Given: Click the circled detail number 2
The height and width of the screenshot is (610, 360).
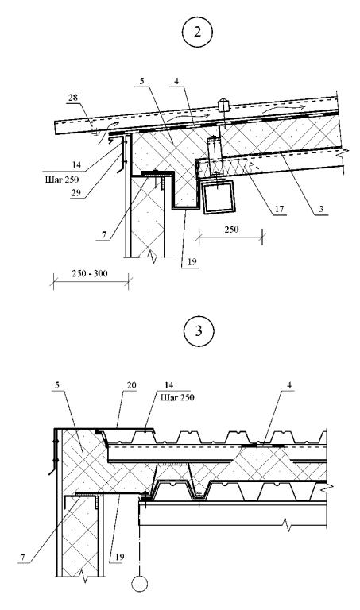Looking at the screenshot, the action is (x=197, y=32).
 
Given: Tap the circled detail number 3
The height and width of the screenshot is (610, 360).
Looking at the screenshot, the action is (x=199, y=331).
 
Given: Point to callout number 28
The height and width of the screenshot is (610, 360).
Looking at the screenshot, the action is (x=73, y=97).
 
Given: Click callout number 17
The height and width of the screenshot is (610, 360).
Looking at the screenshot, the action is (x=279, y=210).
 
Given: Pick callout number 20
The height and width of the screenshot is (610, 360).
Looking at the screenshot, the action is (x=131, y=385).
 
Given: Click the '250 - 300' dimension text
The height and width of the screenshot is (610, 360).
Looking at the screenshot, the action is (x=90, y=273).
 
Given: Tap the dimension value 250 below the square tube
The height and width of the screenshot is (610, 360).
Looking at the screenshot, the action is (x=231, y=229).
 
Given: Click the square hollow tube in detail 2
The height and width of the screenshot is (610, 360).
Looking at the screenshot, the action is (x=219, y=197).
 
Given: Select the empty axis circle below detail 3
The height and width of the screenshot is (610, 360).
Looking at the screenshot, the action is (x=139, y=584).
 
